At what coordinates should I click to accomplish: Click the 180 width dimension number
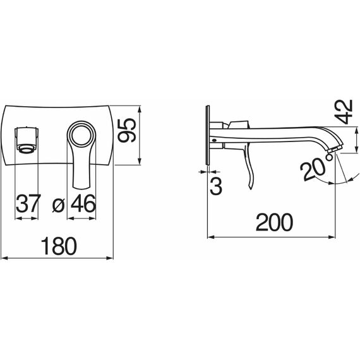click(59, 246)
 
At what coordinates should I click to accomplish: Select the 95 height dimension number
click(126, 131)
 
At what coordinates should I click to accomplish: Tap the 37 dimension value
click(28, 203)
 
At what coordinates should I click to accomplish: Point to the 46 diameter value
click(83, 203)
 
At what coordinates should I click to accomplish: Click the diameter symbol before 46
click(59, 205)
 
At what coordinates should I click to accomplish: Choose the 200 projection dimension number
click(274, 222)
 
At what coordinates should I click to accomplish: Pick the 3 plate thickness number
click(216, 186)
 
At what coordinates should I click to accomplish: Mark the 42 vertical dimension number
click(343, 112)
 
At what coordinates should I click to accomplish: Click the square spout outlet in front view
click(27, 140)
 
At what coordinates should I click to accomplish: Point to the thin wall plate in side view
click(208, 135)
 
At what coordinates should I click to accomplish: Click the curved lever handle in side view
click(249, 165)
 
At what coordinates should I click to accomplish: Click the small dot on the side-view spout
click(214, 140)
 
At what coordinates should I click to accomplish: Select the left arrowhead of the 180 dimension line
click(4, 258)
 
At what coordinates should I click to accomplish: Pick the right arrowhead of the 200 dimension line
click(332, 237)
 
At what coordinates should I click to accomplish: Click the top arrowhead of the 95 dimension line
click(140, 109)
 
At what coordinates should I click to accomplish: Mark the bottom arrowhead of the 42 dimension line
click(356, 149)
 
